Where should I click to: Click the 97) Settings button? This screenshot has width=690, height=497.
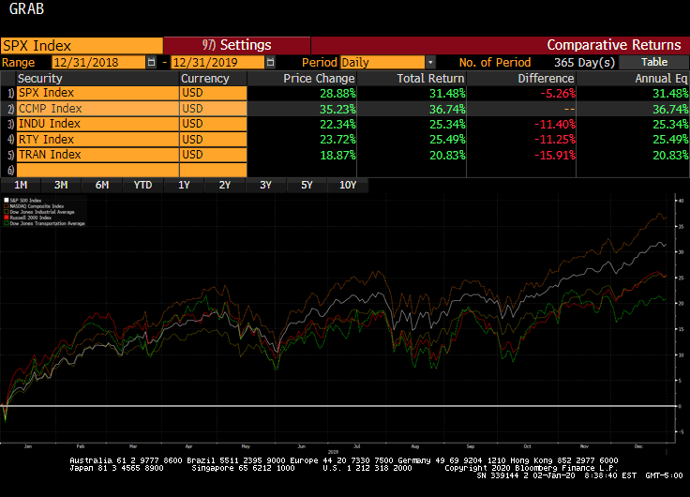tap(236, 45)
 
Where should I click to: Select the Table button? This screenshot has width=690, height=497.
tap(654, 62)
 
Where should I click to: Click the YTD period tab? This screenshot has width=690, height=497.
tap(142, 185)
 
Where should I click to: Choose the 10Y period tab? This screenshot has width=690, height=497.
tap(348, 185)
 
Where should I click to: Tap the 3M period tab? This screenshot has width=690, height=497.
tap(61, 185)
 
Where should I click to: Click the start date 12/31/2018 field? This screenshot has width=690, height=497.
tap(98, 62)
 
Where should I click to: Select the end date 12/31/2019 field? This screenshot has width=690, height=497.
tap(216, 62)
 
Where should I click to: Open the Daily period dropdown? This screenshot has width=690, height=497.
tap(388, 62)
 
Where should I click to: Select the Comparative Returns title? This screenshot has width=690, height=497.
tap(613, 45)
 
